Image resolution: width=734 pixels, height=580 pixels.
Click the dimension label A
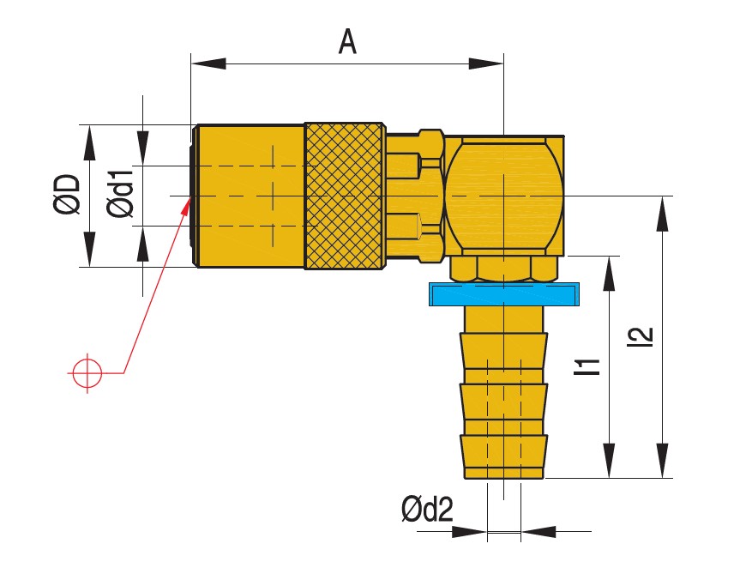point(346,40)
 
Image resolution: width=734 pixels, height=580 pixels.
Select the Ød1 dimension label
point(121,195)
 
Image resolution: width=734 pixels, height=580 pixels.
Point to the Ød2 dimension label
point(426,511)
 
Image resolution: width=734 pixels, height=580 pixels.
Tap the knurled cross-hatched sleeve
point(344,196)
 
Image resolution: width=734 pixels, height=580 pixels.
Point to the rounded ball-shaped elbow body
point(503,195)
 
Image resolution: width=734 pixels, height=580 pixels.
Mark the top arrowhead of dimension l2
point(662,214)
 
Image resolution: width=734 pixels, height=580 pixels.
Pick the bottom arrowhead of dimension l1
point(609,460)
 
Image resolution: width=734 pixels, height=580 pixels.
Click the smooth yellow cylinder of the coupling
point(250,196)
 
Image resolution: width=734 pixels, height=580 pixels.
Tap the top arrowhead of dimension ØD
point(89,142)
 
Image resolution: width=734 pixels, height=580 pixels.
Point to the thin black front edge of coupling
point(194,196)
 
